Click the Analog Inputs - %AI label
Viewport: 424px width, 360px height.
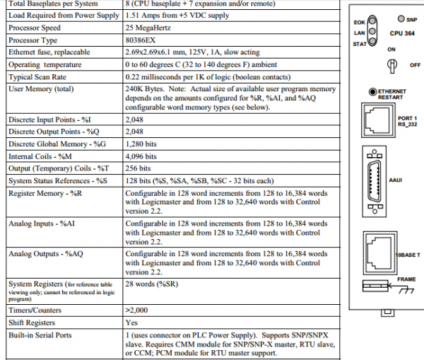tap(38, 223)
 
